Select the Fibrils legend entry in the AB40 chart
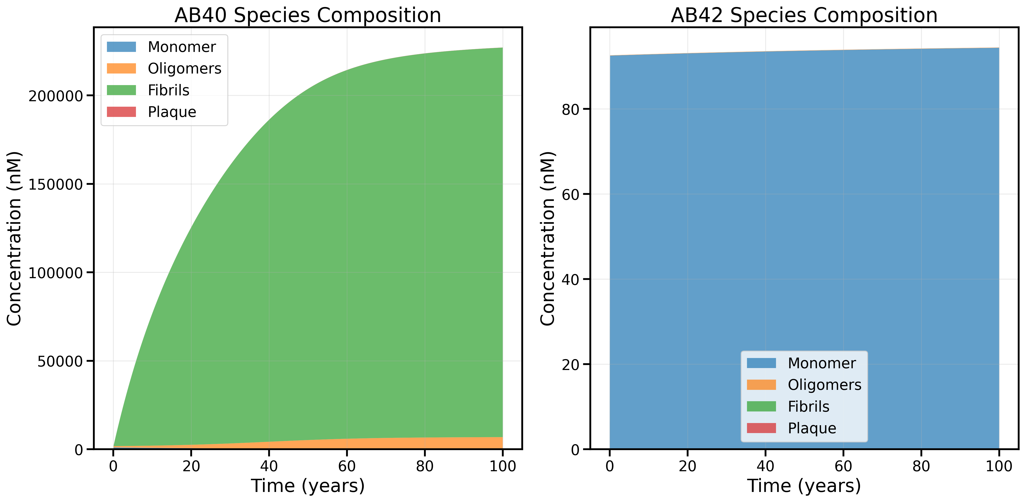coord(168,90)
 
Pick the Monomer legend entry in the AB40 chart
coord(181,47)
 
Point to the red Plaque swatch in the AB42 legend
coord(761,428)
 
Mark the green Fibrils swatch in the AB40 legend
coord(121,90)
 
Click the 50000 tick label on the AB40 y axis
coord(60,361)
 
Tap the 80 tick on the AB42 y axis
coord(570,109)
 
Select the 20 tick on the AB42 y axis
coord(570,364)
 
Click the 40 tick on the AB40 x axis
coord(269,466)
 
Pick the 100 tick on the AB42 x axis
coord(999,466)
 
